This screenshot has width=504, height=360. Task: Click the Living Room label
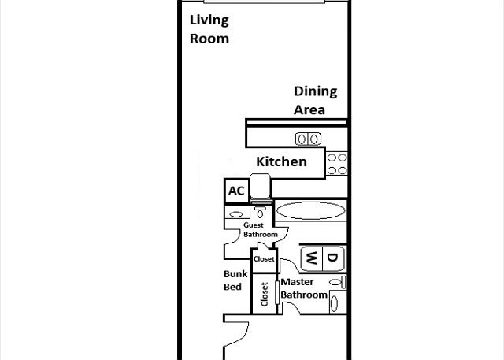pos(209,29)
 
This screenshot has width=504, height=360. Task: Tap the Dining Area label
pos(315,100)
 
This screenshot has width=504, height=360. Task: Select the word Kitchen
pos(281,161)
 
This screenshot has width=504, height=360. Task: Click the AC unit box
pos(236,191)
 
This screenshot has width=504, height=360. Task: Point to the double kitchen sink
pos(308,139)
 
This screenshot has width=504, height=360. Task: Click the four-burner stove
pos(336,164)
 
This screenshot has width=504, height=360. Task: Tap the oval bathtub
pos(311,211)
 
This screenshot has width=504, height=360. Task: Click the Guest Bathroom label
pos(261,229)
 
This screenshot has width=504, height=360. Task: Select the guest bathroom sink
pos(236,214)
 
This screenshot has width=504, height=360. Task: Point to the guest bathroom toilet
pos(260,212)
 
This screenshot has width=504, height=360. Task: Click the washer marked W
pos(312,258)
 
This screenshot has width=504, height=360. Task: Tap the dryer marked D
pos(333,258)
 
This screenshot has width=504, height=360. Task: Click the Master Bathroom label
pos(304,288)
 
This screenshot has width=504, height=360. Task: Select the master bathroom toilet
pos(338,282)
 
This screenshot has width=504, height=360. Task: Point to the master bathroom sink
pos(334,303)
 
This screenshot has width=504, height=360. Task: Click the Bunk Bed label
pos(235,280)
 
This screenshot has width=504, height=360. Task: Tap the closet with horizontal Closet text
pos(264,259)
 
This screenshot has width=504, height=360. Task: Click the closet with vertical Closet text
pos(265,294)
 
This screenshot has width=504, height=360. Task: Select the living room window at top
pos(265,2)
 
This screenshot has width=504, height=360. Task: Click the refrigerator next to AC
pos(261,187)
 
